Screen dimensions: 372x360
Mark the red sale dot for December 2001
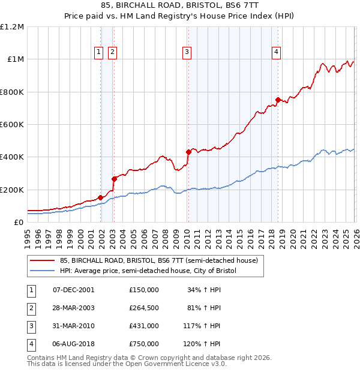coord(100,197)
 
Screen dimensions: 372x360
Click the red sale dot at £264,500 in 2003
coord(114,179)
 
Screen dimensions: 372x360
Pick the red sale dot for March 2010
coord(188,152)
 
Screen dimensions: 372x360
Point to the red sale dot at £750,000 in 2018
coord(277,100)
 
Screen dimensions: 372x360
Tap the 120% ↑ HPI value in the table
coord(202,344)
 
